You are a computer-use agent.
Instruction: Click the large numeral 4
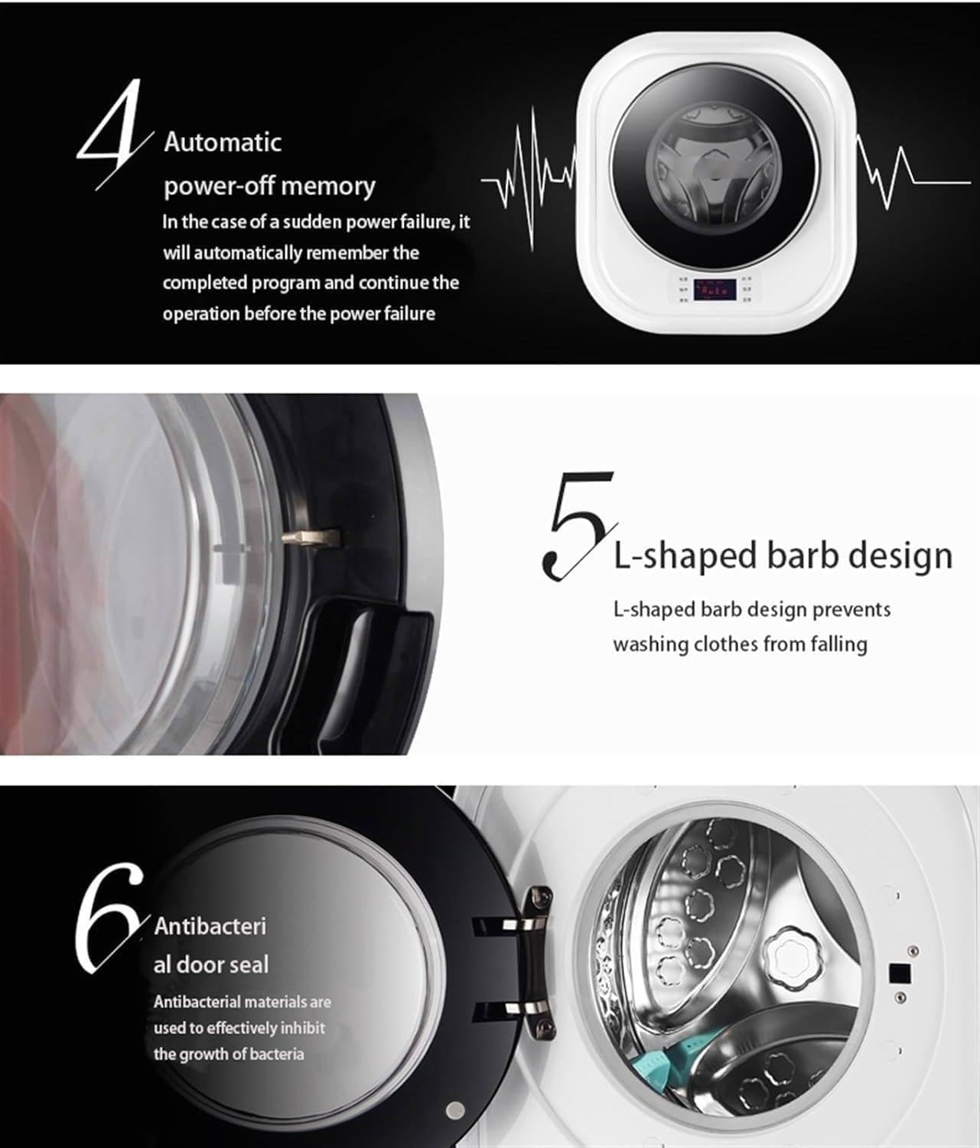pyautogui.click(x=111, y=133)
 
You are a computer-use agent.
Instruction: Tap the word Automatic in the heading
pyautogui.click(x=223, y=143)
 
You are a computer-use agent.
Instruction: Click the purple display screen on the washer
pyautogui.click(x=715, y=289)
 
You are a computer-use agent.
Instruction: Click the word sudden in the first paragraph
pyautogui.click(x=313, y=222)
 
